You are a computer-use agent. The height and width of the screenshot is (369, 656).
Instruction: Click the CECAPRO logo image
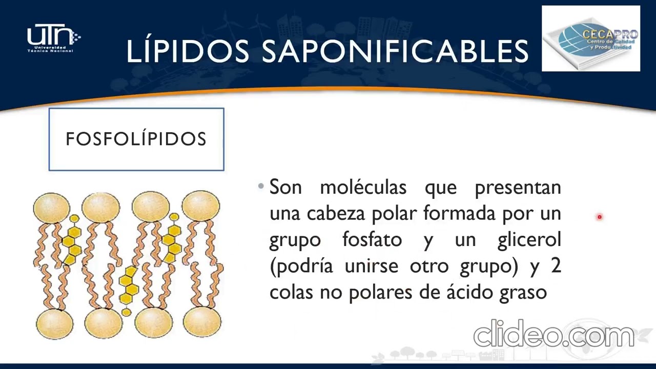pos(591,38)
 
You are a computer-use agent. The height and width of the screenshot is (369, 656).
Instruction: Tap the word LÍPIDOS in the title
pos(188,51)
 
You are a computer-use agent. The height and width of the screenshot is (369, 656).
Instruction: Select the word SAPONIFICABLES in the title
pos(395,51)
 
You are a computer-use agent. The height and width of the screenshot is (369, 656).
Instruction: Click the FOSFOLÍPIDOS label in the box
pos(136,139)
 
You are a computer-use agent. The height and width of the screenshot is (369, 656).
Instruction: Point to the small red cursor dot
pos(599,217)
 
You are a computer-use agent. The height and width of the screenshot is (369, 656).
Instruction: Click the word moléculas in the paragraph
pos(363,188)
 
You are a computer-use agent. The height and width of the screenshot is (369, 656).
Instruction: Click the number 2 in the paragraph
pos(555,266)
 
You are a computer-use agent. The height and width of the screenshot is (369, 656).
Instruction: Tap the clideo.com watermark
pos(553,334)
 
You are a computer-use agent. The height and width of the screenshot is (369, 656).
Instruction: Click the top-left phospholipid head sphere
pos(51,208)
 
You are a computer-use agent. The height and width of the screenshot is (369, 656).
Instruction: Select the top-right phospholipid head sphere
pos(201,207)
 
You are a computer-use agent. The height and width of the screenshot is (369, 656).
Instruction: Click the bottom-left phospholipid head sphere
pos(54,323)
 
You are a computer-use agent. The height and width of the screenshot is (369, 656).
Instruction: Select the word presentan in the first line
pos(518,188)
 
